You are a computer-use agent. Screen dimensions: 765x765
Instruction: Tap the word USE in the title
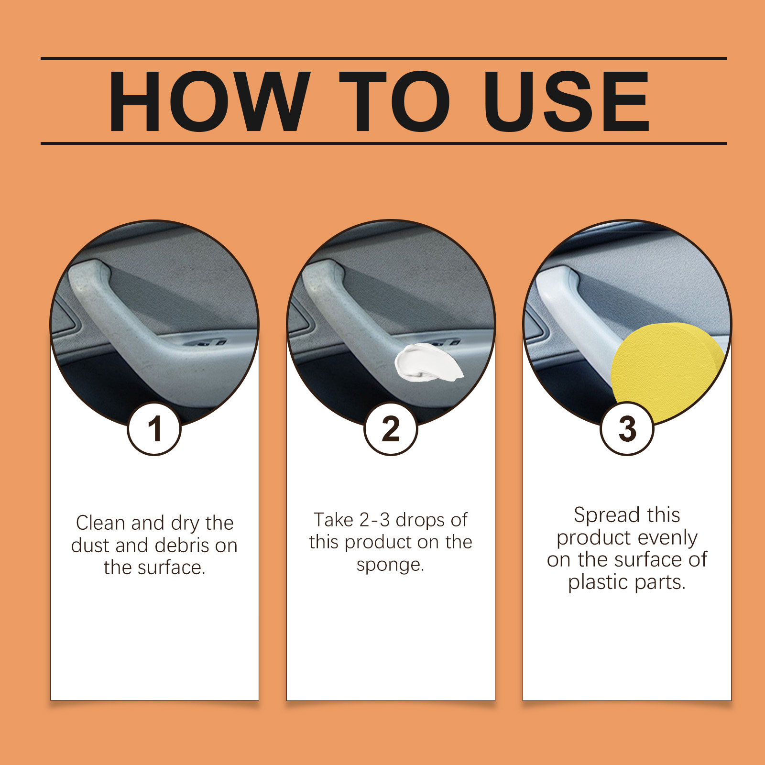click(567, 101)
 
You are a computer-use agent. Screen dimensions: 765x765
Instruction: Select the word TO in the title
click(395, 101)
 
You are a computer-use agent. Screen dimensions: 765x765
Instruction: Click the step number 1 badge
click(154, 429)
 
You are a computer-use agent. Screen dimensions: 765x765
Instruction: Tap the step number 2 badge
click(391, 429)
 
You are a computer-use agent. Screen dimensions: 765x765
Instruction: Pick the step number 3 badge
click(627, 429)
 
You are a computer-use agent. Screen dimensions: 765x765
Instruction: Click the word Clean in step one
click(100, 523)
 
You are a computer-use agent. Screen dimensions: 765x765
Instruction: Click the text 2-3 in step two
click(374, 520)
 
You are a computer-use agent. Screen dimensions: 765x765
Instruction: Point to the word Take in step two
click(333, 520)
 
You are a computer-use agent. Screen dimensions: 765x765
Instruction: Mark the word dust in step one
click(91, 546)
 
